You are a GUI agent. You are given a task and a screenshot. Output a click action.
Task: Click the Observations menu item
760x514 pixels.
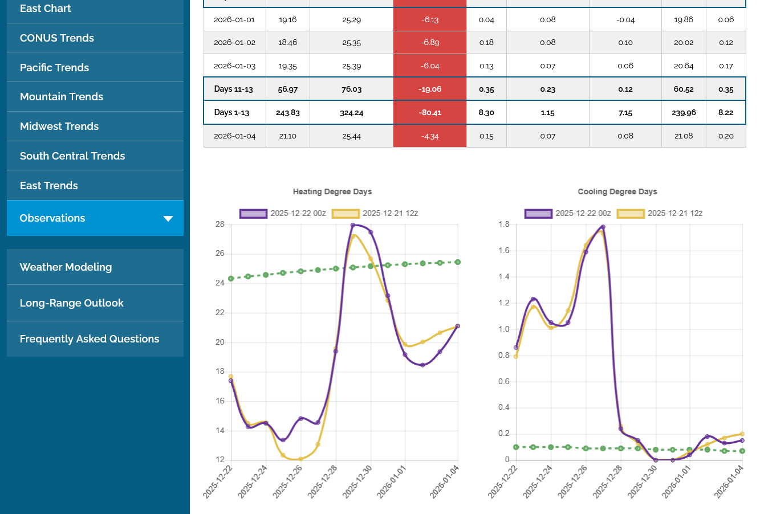52,218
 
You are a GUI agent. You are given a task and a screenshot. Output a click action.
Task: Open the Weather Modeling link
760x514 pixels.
66,267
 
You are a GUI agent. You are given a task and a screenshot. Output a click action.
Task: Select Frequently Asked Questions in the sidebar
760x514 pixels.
90,339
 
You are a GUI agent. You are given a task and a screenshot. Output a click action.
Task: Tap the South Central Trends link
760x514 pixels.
72,156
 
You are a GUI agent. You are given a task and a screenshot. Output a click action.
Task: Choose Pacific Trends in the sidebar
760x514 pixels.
54,68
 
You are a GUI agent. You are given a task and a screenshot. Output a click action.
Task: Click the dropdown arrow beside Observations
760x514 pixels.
168,219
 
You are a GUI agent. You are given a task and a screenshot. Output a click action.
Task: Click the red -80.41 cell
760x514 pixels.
430,113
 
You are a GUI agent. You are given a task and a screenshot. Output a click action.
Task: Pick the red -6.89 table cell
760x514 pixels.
430,43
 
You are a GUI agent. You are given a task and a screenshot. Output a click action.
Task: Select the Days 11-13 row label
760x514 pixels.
234,89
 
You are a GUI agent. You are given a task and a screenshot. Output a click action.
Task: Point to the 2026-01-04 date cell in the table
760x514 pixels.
235,136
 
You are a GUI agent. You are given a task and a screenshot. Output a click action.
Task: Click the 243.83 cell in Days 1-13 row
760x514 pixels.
288,113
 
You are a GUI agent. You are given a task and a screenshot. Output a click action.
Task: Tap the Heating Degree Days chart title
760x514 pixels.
332,192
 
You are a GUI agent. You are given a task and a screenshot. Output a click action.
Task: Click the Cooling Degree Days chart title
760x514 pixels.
617,192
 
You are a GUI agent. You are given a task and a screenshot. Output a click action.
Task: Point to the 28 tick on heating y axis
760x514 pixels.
220,225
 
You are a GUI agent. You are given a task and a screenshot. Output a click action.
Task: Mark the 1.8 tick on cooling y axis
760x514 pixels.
504,225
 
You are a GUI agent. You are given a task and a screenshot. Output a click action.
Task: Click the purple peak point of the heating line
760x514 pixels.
353,225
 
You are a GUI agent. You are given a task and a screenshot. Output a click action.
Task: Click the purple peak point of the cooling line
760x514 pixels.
603,227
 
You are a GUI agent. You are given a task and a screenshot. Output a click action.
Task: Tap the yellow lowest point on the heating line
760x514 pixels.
300,459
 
